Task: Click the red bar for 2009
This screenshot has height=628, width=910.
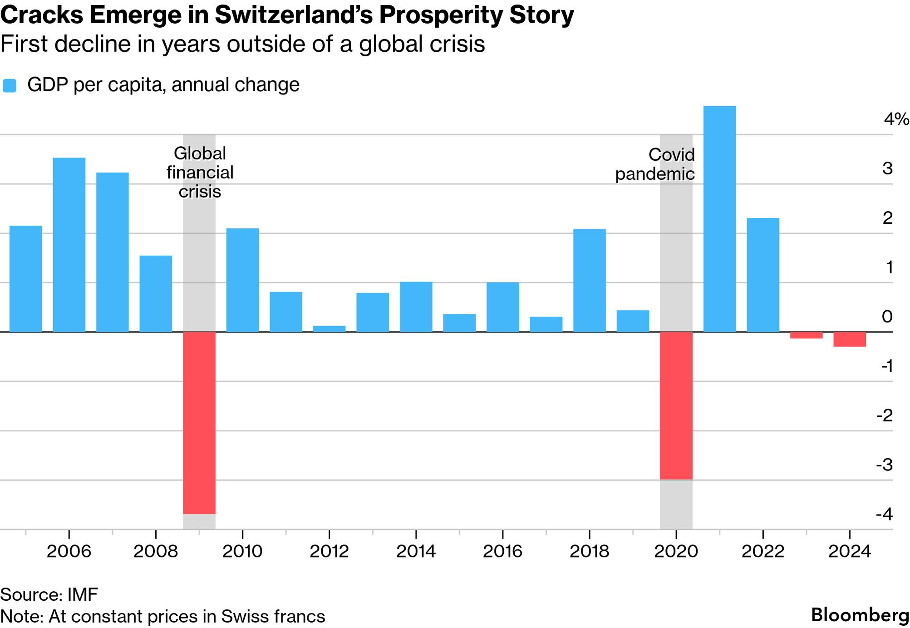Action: pos(199,422)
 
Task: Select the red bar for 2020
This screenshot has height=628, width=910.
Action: pos(676,405)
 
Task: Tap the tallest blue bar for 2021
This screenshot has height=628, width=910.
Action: pos(719,219)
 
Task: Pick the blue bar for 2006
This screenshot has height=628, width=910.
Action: pos(69,245)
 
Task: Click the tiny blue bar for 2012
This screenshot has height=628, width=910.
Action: pos(329,329)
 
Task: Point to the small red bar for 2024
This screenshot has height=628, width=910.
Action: pos(849,339)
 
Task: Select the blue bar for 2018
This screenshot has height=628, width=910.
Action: pos(589,280)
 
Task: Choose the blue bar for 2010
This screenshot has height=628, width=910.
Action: pos(242,280)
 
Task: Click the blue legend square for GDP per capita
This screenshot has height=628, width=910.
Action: pos(10,86)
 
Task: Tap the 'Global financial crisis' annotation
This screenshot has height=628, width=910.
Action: pos(200,173)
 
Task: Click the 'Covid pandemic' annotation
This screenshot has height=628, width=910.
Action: pos(654,164)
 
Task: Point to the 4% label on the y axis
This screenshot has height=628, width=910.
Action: pos(896,119)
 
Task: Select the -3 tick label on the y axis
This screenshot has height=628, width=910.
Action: pos(884,465)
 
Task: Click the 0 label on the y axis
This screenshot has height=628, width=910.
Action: pos(887,316)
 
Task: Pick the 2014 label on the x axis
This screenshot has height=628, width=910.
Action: pos(416,551)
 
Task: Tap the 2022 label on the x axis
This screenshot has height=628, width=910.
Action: pos(762,551)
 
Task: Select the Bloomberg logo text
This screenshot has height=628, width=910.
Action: pos(860,615)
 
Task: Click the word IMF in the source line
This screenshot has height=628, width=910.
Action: pos(83,594)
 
